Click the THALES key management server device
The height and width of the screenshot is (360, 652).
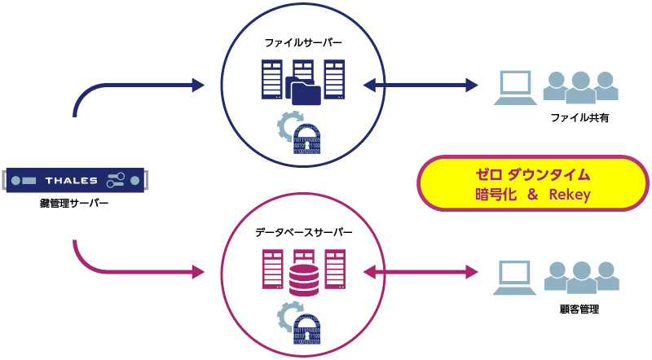pos(74,179)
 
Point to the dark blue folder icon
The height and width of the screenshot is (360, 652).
pos(302,90)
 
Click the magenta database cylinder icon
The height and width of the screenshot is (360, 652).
pos(303,279)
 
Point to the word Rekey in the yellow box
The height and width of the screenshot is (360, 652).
pos(569,195)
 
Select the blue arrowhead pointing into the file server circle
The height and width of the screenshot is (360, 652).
pos(196,84)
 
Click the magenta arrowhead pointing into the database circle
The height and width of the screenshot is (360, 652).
pos(196,272)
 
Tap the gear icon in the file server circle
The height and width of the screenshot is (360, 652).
pos(288,125)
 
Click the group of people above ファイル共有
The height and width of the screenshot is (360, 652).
pos(579,87)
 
